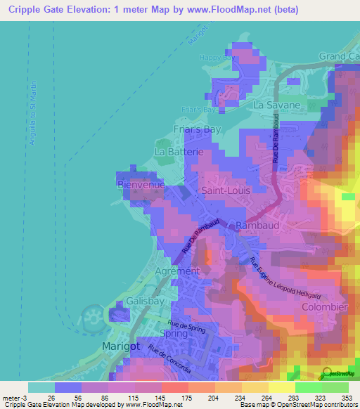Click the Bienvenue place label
[141, 184]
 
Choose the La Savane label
[277, 105]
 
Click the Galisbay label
[146, 301]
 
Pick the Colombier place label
[325, 308]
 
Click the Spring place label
[174, 333]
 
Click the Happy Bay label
[214, 58]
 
